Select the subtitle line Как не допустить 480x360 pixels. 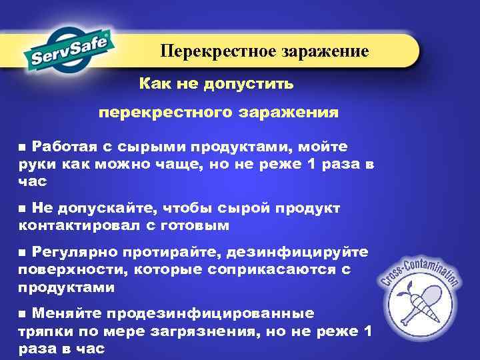click(x=215, y=85)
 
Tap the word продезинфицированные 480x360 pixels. click(x=173, y=313)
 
